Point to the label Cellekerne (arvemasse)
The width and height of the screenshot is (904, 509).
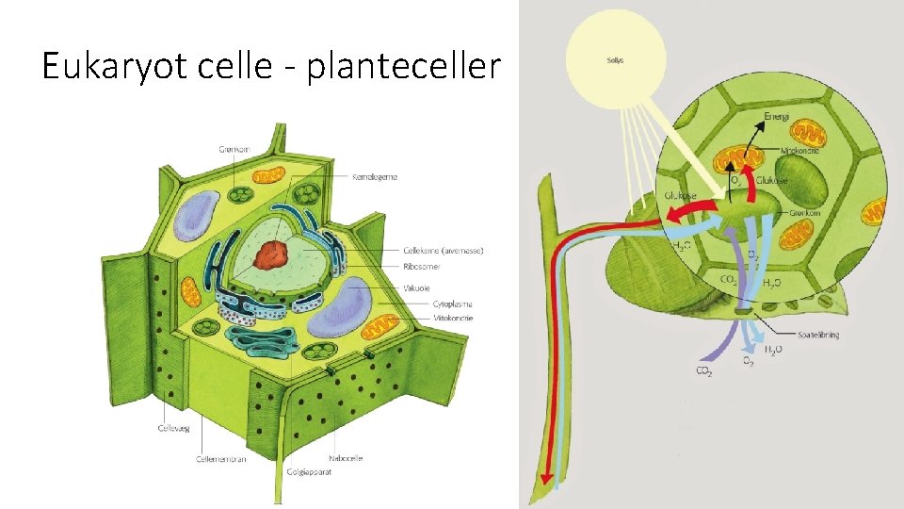point(443,250)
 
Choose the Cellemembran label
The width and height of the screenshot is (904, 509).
point(221,459)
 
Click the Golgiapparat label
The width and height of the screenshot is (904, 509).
point(309,469)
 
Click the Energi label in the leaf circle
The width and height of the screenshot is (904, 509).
point(776,116)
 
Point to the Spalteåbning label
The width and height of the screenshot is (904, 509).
point(818,334)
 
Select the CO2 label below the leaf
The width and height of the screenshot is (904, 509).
point(703,372)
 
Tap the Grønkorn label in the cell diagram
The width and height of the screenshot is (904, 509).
point(232,147)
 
